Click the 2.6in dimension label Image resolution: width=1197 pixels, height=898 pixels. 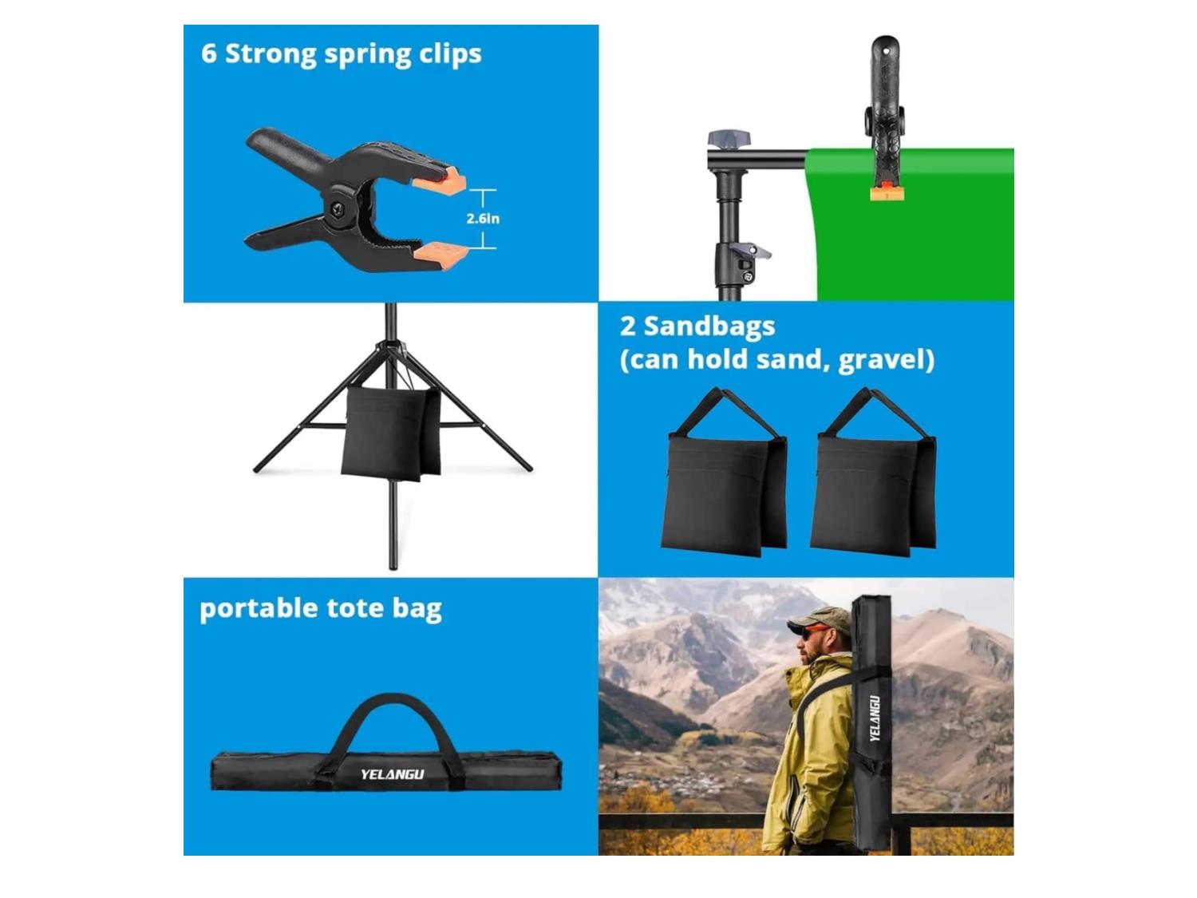(x=483, y=219)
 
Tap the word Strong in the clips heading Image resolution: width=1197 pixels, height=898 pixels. (x=271, y=53)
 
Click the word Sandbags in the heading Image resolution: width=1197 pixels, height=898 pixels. (x=709, y=327)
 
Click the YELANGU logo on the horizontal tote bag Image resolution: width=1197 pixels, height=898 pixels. (x=392, y=774)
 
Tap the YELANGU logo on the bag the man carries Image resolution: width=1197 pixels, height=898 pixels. (x=875, y=718)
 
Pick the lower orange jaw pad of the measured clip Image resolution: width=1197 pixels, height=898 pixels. (x=442, y=255)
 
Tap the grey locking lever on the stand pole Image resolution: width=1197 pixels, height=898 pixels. (x=750, y=251)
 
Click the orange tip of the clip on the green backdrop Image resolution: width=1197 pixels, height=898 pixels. (x=886, y=193)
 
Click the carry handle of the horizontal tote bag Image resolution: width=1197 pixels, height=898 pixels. (x=393, y=714)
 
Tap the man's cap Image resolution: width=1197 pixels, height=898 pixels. (x=818, y=619)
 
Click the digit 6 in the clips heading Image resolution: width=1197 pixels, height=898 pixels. (x=208, y=54)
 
